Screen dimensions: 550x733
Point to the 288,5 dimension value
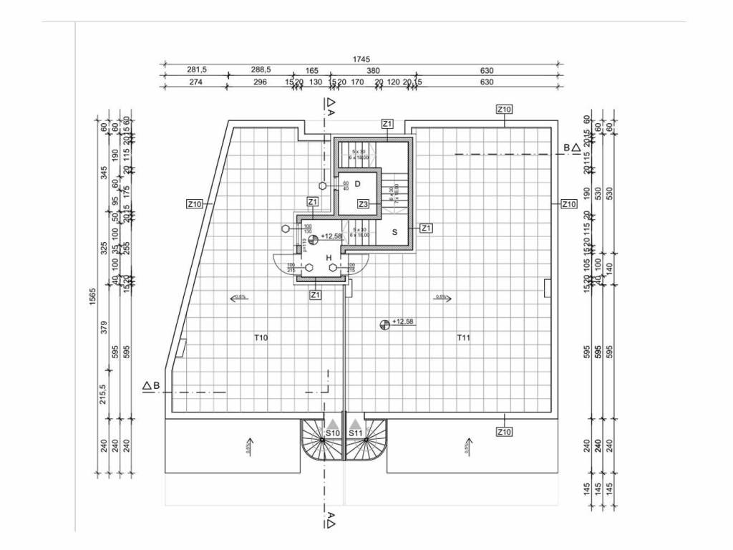(x=261, y=70)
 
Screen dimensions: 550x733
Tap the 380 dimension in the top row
(x=373, y=70)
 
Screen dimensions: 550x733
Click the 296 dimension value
(x=260, y=82)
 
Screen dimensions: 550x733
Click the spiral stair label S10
(x=332, y=433)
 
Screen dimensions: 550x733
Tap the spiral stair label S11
(x=356, y=433)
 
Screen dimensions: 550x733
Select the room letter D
(x=356, y=184)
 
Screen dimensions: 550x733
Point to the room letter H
(x=329, y=257)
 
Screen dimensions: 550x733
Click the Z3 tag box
(x=364, y=205)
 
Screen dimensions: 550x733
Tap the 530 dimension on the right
(x=610, y=195)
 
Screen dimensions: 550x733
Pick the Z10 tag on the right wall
(x=568, y=204)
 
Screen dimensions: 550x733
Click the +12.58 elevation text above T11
(x=403, y=322)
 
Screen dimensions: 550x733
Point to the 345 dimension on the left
(x=104, y=173)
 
